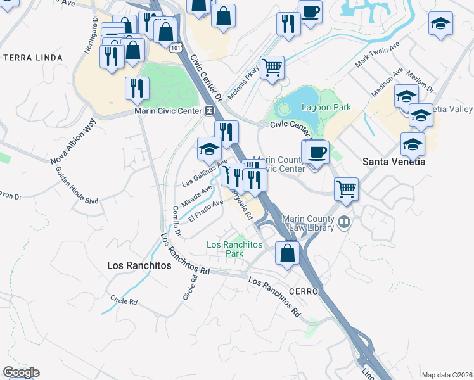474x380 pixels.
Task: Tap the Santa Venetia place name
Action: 393,161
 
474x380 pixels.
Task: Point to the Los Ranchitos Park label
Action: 226,249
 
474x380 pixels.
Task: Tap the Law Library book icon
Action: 344,222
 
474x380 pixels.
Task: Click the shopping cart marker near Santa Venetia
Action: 346,188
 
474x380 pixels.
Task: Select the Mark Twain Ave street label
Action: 378,56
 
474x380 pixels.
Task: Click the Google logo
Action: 21,372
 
